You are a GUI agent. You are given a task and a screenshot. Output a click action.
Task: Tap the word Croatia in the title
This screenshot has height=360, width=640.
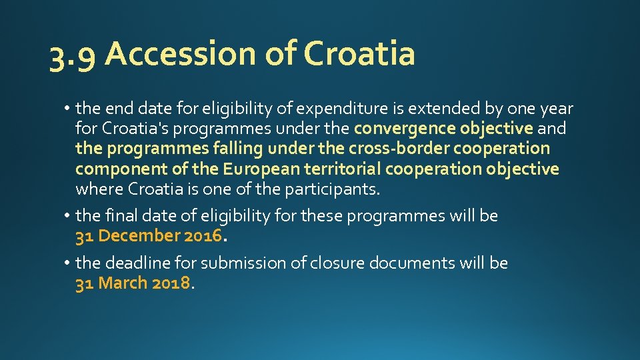point(359,53)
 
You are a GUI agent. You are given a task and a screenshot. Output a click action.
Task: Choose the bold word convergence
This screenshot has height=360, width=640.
point(405,128)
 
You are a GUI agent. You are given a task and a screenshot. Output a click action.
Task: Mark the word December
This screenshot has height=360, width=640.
point(139,236)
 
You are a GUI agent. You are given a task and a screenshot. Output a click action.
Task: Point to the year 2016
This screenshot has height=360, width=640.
point(203,236)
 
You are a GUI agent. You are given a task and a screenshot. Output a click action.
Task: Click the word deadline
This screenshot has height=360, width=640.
point(139,263)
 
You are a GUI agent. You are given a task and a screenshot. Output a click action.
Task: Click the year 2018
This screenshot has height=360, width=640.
point(171,283)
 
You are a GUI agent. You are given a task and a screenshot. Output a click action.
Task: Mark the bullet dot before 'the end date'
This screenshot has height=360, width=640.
point(69,108)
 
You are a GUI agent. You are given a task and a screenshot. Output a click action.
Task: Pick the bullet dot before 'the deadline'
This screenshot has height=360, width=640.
point(69,263)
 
